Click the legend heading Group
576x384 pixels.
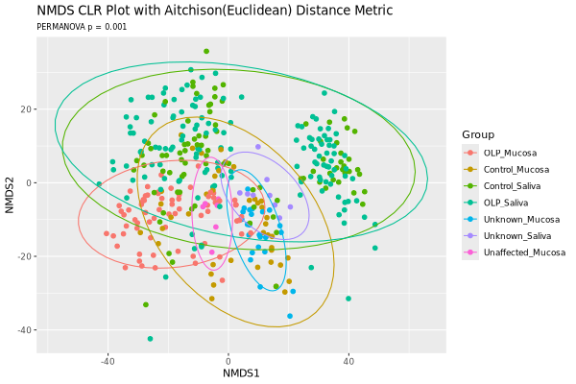point(478,134)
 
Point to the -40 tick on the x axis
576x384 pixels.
point(108,361)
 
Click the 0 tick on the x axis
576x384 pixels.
point(228,361)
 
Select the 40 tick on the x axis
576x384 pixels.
point(348,361)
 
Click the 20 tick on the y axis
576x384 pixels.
point(29,109)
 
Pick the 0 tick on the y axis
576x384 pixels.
point(32,183)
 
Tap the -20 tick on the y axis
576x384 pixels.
point(27,256)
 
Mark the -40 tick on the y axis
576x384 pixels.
point(27,330)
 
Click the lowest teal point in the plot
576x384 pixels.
point(150,338)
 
